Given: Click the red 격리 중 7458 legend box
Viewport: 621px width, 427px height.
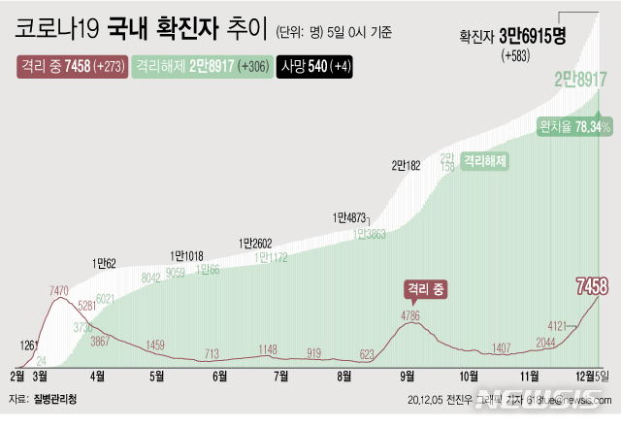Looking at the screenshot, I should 72,67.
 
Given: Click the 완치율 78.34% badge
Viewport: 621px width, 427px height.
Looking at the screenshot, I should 574,127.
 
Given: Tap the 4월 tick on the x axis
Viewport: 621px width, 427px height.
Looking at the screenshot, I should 98,375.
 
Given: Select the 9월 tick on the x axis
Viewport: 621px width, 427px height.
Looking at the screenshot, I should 408,375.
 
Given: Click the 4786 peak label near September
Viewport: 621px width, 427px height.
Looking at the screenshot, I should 411,314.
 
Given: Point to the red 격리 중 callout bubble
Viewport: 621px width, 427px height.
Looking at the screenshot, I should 426,288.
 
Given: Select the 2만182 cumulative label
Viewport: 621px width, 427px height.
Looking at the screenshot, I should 407,166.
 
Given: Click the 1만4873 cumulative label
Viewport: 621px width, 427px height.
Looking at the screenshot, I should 349,217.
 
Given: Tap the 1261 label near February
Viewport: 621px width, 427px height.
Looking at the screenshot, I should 30,345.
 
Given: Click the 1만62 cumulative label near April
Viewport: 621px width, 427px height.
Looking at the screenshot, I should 104,263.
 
